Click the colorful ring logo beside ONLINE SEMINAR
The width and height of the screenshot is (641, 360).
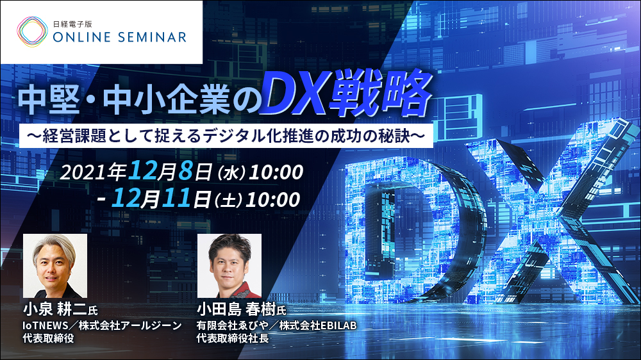click(31, 30)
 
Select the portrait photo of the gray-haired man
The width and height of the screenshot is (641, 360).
click(55, 265)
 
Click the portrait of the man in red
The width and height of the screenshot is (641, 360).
click(229, 265)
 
